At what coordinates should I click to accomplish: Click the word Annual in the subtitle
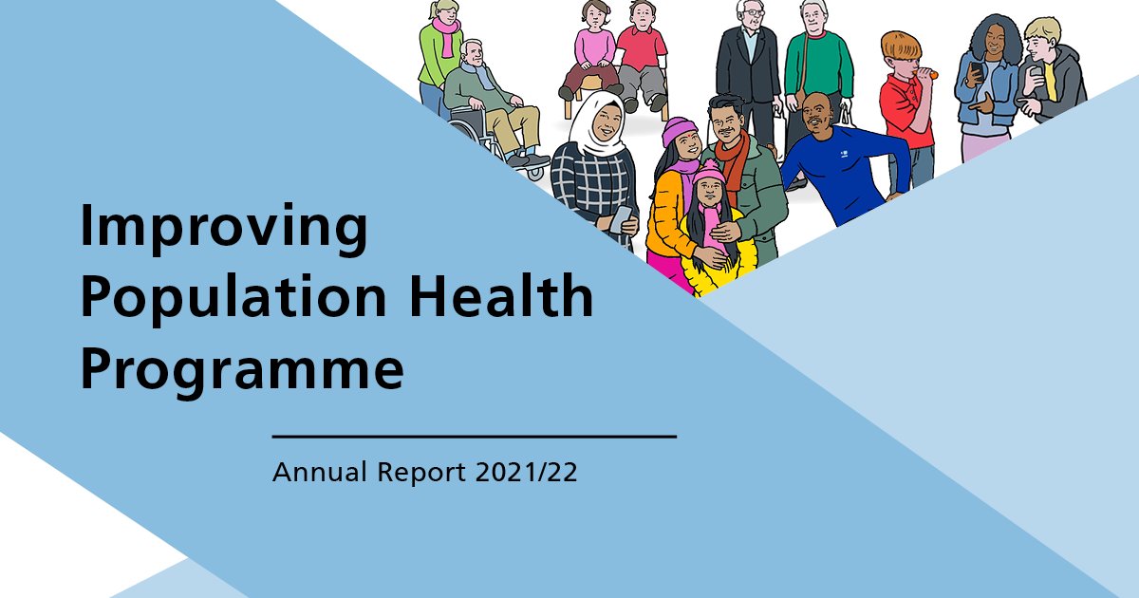(317, 473)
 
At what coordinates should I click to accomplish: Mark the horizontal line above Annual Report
(474, 437)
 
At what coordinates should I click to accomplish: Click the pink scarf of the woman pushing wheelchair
(445, 38)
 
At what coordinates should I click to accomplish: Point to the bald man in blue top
(835, 161)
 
